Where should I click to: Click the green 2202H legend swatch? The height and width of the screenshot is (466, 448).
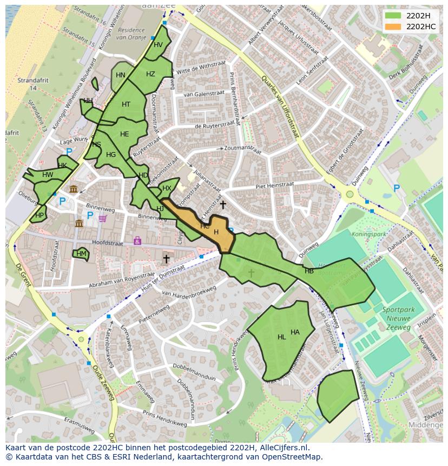[393, 15]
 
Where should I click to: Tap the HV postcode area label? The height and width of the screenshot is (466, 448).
[158, 45]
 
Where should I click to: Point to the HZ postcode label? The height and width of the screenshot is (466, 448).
[150, 74]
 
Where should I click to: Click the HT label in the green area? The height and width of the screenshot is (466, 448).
[126, 104]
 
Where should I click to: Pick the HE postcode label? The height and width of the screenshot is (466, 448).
[124, 134]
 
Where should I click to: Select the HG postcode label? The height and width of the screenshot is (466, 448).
[111, 155]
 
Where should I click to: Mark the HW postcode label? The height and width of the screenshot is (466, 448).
[48, 175]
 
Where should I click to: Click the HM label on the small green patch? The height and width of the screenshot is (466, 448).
[81, 253]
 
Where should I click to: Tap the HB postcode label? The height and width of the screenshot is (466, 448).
[309, 271]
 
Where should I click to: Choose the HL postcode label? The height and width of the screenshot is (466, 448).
[281, 337]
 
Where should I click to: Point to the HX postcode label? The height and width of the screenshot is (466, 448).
[167, 188]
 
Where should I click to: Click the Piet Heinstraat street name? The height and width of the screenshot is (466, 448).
[274, 186]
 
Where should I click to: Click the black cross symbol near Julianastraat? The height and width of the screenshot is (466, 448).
[223, 205]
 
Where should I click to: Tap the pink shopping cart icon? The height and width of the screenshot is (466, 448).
[102, 219]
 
